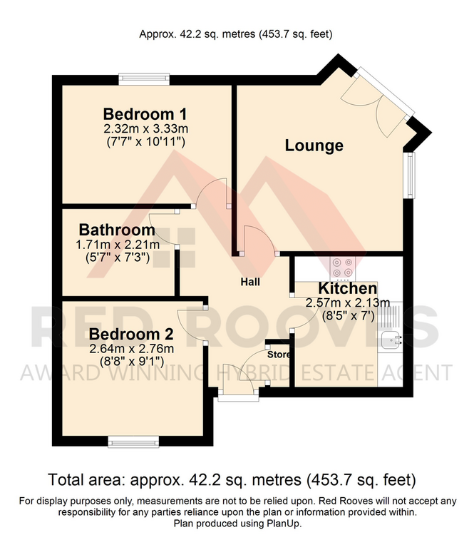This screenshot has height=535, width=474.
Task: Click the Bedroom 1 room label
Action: (145, 114)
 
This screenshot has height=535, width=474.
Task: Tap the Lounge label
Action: (314, 146)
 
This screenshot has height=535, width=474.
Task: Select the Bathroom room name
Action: (117, 230)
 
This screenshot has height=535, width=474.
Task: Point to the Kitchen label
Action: (348, 288)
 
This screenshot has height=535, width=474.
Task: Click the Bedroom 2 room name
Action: (131, 334)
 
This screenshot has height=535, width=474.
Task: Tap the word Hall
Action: (250, 282)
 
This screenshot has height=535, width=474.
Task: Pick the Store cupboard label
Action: (279, 355)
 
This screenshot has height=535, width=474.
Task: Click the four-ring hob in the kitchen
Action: (343, 267)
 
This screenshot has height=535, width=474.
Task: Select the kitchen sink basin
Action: (391, 340)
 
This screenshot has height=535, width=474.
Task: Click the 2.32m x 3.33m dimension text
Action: (145, 129)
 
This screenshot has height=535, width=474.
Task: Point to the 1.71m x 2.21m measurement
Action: (118, 245)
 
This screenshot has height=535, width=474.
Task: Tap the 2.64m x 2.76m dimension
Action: (131, 349)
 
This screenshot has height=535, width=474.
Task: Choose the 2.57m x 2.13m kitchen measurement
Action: (348, 302)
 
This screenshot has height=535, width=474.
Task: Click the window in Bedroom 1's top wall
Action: (144, 78)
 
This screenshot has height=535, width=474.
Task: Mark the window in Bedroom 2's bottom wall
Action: (134, 442)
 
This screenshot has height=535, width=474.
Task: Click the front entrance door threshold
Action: (238, 397)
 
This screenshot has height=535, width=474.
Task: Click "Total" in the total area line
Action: (65, 480)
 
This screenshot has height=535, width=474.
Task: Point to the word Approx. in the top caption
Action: (156, 34)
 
